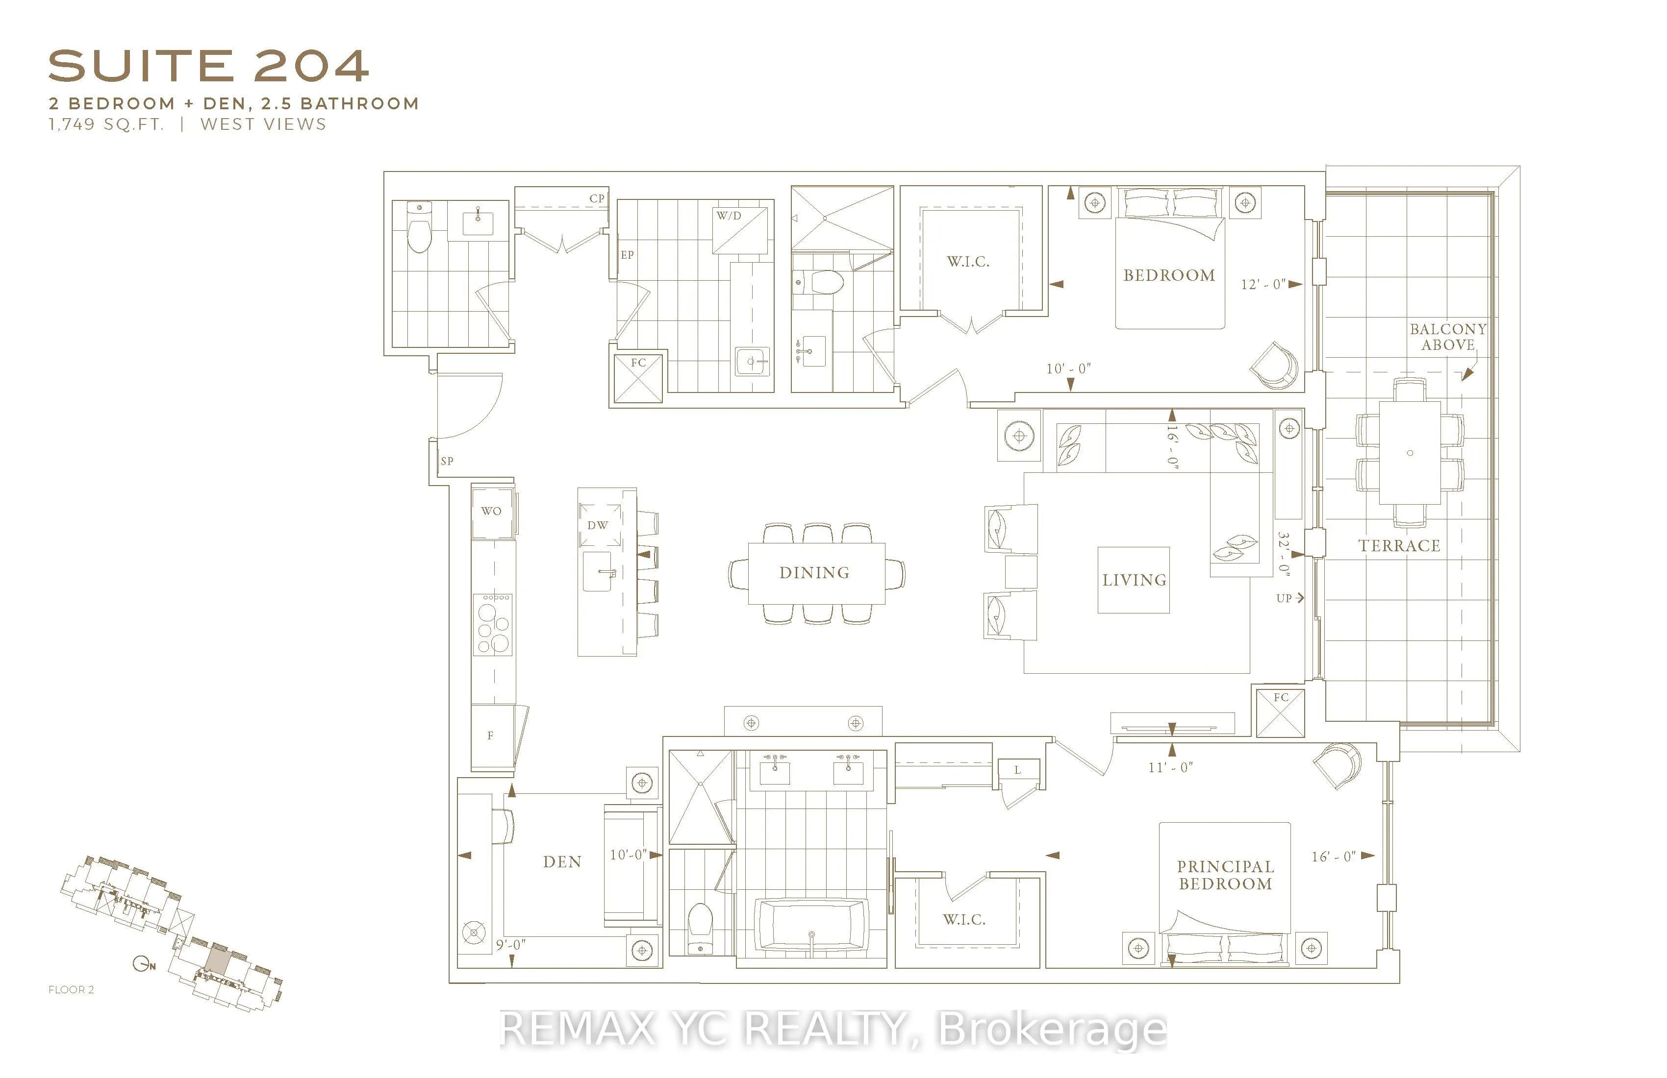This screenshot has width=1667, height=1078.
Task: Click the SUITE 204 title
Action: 208,67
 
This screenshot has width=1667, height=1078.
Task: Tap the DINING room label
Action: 814,573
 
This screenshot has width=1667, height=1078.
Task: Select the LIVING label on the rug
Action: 1134,580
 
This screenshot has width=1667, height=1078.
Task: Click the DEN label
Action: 562,862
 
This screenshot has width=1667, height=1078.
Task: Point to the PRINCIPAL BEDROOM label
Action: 1225,875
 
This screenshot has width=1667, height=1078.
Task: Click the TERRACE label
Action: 1399,546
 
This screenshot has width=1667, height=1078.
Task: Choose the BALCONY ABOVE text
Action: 1448,337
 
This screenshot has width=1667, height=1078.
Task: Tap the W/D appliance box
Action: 740,230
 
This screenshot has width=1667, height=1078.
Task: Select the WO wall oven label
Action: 492,511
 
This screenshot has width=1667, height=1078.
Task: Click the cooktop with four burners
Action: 493,624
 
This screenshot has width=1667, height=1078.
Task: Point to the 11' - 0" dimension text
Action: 1170,767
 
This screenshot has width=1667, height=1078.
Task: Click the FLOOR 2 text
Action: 71,989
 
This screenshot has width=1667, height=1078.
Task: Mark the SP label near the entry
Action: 447,461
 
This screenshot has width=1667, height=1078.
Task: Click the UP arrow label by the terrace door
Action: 1289,598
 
